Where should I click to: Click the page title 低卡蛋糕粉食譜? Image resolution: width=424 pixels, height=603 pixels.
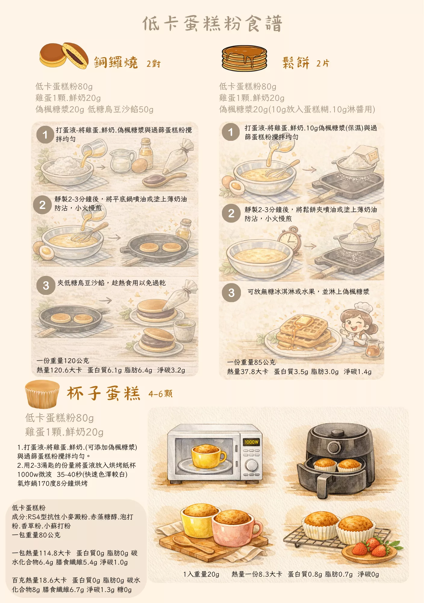coord(212,24)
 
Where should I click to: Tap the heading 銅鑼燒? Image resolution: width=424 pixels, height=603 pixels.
coord(116,62)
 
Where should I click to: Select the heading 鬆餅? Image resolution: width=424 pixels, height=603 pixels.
coord(296,63)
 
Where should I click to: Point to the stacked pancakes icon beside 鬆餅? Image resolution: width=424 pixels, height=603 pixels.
coord(244,58)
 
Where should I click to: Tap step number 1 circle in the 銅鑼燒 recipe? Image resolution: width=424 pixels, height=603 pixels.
coord(45,134)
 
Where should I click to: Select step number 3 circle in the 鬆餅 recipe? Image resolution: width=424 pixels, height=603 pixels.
coord(231,292)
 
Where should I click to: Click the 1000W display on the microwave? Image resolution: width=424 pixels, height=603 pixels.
coord(251,442)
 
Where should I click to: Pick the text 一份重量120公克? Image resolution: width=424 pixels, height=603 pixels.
coord(63,361)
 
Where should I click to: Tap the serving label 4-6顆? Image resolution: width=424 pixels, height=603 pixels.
coord(160,394)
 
